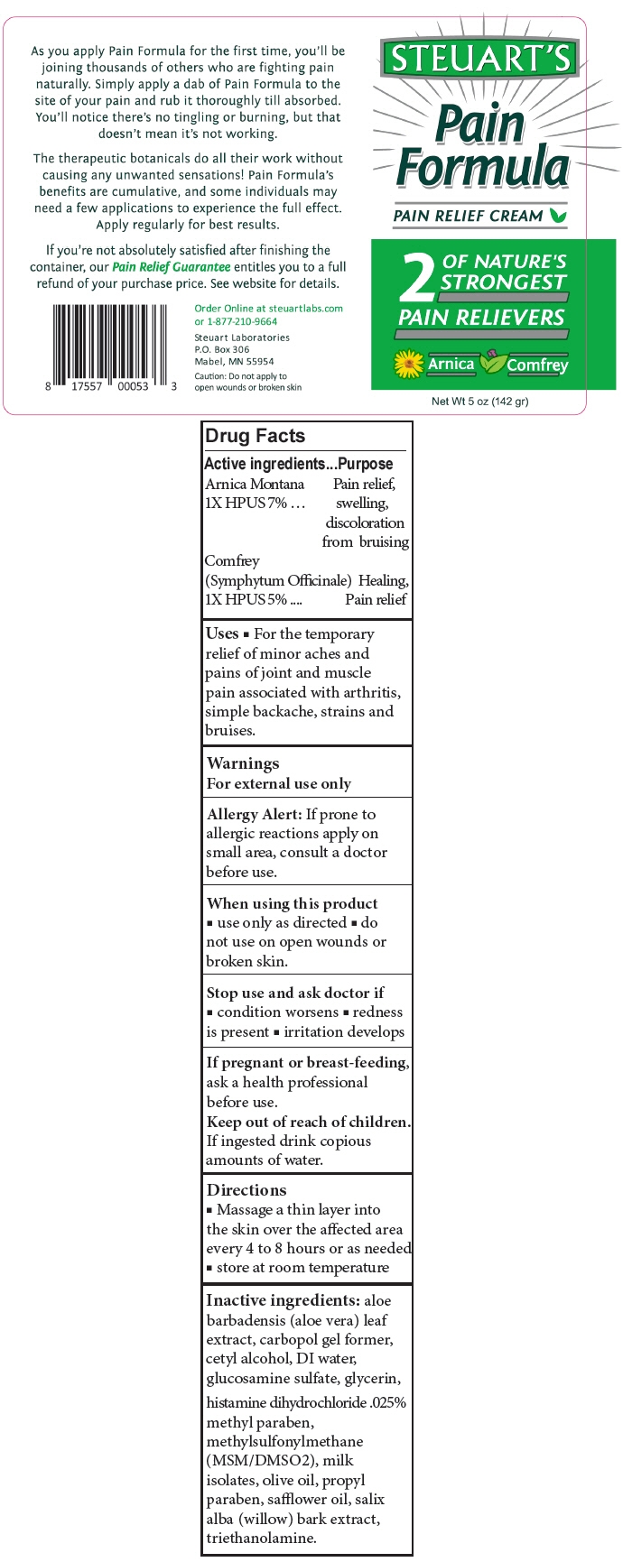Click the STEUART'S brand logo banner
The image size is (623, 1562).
coord(480,59)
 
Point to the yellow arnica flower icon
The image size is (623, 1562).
coord(409,364)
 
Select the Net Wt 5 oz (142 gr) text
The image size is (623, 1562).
coord(479,402)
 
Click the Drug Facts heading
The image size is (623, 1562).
coord(256,437)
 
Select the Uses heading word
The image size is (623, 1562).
coord(222,633)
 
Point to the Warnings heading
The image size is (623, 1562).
coord(243,763)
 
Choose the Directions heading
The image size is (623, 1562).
coord(246,1190)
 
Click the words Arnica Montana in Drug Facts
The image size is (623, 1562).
coord(255,485)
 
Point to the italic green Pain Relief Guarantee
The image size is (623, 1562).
coord(172,267)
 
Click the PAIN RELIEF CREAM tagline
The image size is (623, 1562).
coord(469,216)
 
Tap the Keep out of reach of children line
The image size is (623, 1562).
coord(309,1122)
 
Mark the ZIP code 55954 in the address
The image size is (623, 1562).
coord(260,361)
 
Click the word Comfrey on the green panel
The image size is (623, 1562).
coord(537,365)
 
